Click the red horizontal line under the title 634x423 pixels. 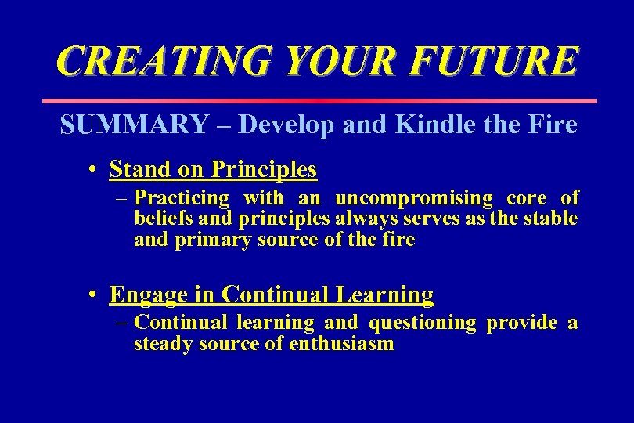[318, 101]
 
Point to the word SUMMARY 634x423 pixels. [134, 125]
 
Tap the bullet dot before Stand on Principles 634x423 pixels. [92, 170]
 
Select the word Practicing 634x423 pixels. [182, 198]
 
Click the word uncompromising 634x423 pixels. [414, 198]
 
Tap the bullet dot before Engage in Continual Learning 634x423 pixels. [92, 295]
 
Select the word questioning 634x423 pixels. [422, 323]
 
